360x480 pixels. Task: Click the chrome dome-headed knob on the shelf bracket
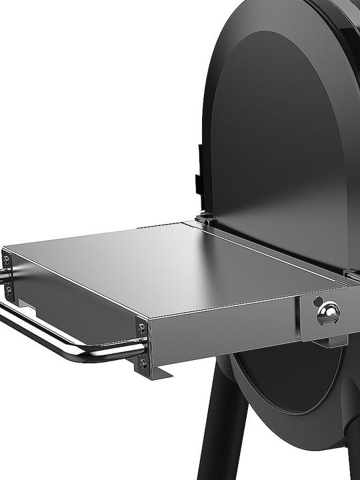tap(328, 312)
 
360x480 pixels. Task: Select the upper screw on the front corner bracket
tap(142, 329)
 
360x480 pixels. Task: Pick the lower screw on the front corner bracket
tap(143, 363)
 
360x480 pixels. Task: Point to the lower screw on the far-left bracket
tap(8, 290)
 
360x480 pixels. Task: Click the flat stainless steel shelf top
tap(167, 263)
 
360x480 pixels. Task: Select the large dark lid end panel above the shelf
tap(280, 133)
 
